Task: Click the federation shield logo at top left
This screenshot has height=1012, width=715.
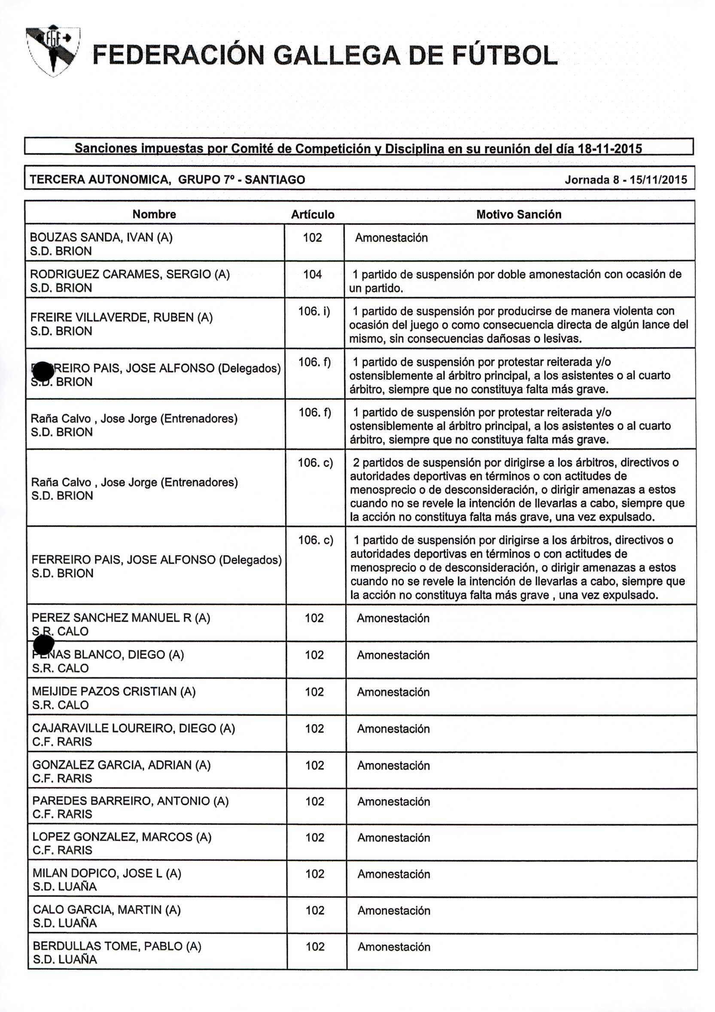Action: [x=53, y=51]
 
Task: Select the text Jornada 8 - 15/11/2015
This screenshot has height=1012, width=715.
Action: [x=626, y=180]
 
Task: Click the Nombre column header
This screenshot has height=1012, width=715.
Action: [x=154, y=214]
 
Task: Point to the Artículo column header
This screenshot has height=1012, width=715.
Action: [x=313, y=215]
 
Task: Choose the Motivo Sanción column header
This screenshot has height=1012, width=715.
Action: [x=518, y=214]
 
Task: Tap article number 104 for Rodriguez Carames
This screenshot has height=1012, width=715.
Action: [x=312, y=274]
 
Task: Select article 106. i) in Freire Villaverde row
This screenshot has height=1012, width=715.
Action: [x=314, y=311]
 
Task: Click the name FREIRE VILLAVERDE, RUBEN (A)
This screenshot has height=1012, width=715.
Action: [x=121, y=317]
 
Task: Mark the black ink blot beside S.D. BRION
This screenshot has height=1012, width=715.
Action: [x=43, y=371]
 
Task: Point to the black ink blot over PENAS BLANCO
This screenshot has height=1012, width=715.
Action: [x=44, y=644]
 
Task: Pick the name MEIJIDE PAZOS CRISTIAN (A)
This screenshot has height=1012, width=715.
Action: [x=114, y=691]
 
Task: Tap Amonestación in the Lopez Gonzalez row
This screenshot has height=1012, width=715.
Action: [x=394, y=838]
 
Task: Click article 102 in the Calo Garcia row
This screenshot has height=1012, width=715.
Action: [x=315, y=910]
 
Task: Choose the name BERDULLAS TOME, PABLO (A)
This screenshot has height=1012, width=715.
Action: [x=117, y=946]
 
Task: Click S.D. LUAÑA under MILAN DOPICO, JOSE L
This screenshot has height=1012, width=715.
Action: [x=65, y=887]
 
